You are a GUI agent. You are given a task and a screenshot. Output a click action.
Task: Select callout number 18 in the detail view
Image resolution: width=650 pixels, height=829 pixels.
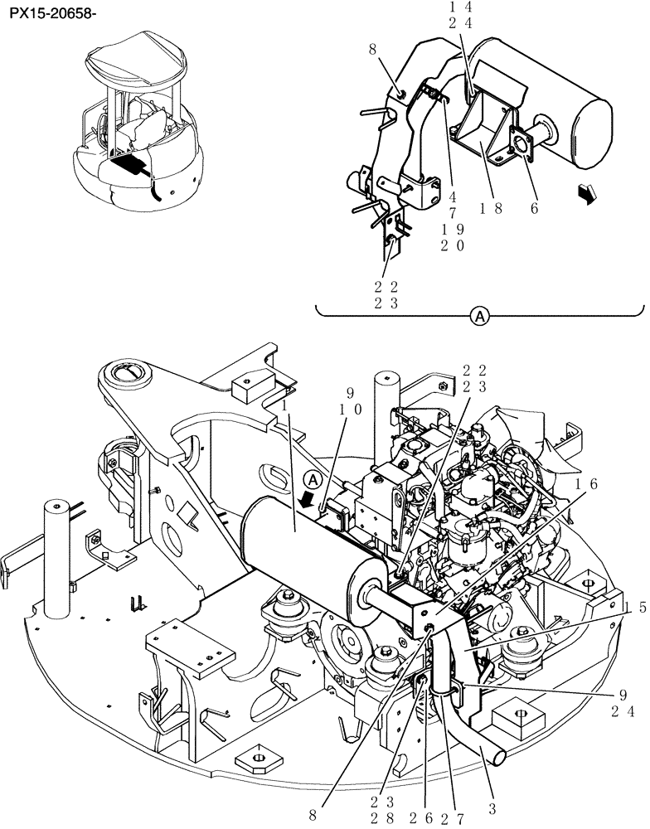click(x=493, y=209)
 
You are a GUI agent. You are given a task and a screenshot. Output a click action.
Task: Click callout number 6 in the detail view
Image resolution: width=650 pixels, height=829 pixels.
click(x=535, y=209)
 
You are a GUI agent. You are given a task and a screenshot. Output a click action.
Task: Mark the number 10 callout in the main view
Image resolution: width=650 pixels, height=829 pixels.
click(x=351, y=409)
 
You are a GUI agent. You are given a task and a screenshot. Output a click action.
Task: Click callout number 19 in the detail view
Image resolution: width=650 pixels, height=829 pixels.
click(x=453, y=228)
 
